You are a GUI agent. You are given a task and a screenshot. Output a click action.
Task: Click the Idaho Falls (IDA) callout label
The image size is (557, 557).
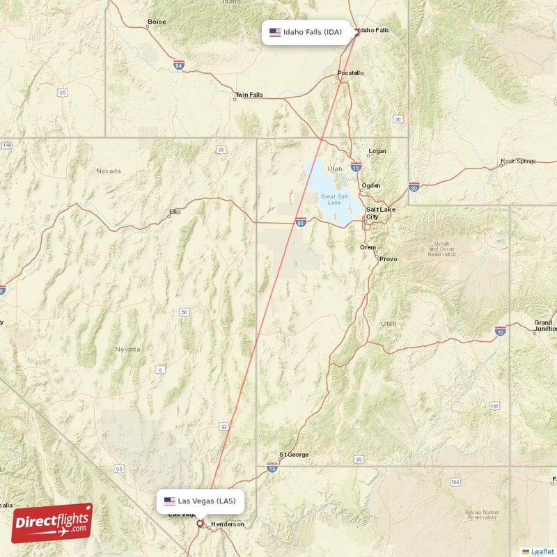click(x=306, y=32)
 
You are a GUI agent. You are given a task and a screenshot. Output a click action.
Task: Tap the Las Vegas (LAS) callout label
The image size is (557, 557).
click(x=201, y=501)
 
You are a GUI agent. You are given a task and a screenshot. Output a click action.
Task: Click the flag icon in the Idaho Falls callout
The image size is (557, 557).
click(x=275, y=32)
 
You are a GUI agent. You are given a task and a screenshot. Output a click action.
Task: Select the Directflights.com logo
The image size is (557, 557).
click(x=52, y=523)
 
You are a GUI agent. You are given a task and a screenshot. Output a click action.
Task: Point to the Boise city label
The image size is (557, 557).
click(x=157, y=22)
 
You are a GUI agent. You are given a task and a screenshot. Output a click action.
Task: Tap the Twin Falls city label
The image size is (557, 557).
click(x=249, y=95)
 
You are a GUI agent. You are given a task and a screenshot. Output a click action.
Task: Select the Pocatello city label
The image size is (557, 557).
click(x=350, y=73)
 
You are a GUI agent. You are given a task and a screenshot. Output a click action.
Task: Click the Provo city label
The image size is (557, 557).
click(x=388, y=259)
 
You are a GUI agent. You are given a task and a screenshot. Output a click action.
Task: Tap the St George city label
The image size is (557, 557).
click(x=293, y=455)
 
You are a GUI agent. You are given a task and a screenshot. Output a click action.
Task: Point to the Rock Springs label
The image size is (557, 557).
click(x=518, y=162)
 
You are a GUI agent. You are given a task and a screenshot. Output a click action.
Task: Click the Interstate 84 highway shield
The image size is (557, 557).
click(x=180, y=65)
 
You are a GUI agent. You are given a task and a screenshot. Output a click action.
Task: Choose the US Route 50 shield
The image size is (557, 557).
click(x=185, y=313)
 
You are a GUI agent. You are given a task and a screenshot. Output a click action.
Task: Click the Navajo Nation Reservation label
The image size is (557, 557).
click(x=482, y=515)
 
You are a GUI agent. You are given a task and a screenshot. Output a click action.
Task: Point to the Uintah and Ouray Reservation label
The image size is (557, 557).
click(x=443, y=249)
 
